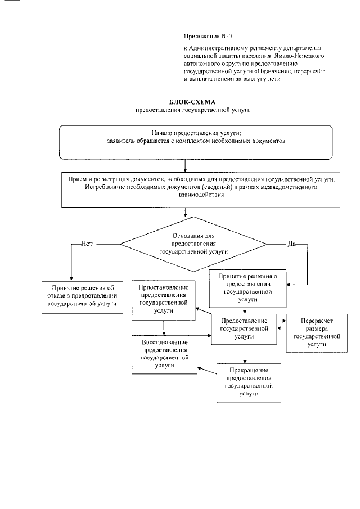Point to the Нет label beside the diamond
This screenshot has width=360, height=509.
[87, 244]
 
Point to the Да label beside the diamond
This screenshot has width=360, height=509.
[292, 244]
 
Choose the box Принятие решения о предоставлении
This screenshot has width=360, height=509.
[247, 288]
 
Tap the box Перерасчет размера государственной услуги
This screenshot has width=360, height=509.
[314, 332]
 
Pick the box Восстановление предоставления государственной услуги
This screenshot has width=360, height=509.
[165, 354]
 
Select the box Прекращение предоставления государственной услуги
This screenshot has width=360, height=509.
[249, 382]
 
